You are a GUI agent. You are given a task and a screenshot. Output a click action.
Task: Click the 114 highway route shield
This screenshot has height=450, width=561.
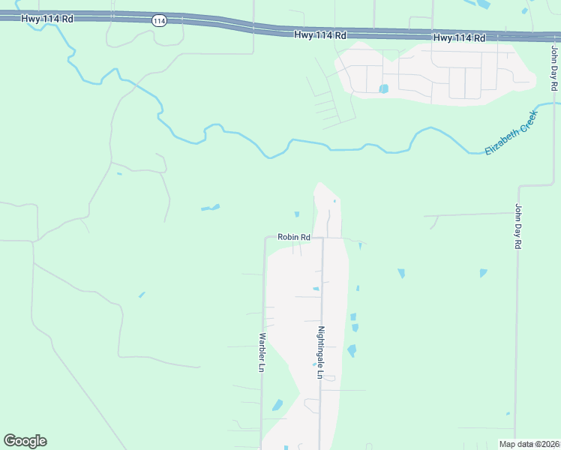pyautogui.click(x=158, y=20)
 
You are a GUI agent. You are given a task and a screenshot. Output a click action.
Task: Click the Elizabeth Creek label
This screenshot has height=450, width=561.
pyautogui.click(x=511, y=133)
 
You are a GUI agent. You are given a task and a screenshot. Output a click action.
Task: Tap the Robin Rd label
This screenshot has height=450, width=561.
pyautogui.click(x=293, y=237)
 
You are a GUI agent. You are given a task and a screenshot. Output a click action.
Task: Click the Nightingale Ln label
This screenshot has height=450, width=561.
pyautogui.click(x=319, y=352)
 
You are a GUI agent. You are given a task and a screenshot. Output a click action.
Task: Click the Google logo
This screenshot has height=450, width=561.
pyautogui.click(x=25, y=441)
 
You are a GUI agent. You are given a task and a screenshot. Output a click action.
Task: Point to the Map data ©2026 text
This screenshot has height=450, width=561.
pyautogui.click(x=529, y=444)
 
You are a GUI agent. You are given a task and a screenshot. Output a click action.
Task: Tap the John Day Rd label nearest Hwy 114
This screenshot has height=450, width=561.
pyautogui.click(x=554, y=68)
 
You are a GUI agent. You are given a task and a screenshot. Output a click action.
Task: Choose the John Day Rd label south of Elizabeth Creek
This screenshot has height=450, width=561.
pyautogui.click(x=517, y=226)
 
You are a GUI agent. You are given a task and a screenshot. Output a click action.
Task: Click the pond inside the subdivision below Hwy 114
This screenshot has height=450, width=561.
pyautogui.click(x=384, y=88)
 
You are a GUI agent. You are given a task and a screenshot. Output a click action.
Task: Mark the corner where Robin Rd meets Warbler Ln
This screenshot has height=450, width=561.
pyautogui.click(x=265, y=238)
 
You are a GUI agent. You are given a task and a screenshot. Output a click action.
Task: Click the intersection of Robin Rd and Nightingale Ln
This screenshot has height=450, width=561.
pyautogui.click(x=322, y=238)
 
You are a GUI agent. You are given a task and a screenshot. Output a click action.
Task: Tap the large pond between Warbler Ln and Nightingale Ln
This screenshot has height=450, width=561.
pyautogui.click(x=277, y=406)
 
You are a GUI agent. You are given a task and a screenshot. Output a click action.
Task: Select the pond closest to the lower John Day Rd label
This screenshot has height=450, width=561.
pyautogui.click(x=483, y=273)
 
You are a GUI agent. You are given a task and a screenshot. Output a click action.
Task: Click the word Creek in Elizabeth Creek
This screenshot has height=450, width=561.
pyautogui.click(x=524, y=122)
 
